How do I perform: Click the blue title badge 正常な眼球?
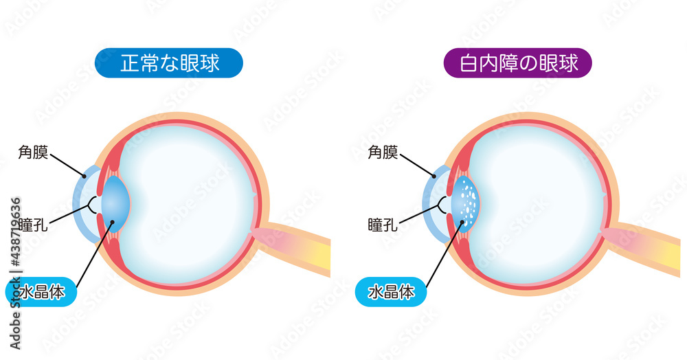click(169, 63)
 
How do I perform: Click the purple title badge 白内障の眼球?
click(518, 63)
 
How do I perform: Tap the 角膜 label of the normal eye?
click(33, 152)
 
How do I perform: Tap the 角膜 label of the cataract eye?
click(383, 152)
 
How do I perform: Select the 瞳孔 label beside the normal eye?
click(33, 225)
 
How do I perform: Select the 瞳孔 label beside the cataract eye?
click(383, 225)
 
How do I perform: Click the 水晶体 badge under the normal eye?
click(41, 292)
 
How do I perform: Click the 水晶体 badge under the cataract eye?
click(391, 292)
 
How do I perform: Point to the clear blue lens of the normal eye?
click(115, 203)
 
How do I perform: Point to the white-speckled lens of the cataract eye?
click(465, 203)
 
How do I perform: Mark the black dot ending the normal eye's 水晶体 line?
click(112, 223)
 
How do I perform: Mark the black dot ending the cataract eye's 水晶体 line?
click(462, 223)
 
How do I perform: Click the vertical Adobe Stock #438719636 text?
click(15, 273)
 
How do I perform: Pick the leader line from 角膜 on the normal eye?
click(67, 165)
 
